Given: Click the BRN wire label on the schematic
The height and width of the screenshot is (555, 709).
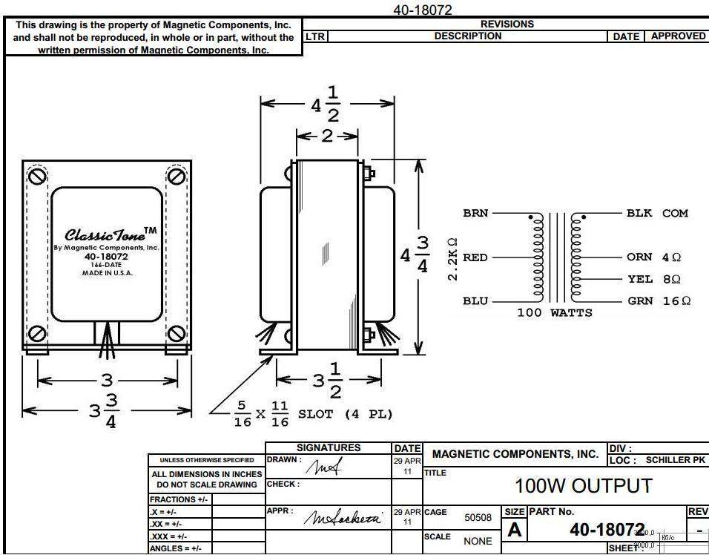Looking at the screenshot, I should pos(475,213).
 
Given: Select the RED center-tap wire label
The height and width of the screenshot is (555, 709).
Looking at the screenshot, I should pos(475,257).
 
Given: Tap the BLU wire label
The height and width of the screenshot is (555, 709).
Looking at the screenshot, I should pos(475,301).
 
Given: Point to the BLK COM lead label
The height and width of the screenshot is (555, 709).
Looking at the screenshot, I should pos(657,213).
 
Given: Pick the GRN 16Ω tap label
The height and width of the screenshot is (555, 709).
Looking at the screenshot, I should pos(659,301).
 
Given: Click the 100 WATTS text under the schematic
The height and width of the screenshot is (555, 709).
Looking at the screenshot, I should pos(554,312).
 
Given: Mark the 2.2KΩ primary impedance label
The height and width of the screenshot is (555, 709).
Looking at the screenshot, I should pos(453,259).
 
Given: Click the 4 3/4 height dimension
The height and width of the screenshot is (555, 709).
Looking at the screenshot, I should pos(415,255).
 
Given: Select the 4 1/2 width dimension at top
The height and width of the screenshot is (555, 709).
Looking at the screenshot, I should pos(325,104).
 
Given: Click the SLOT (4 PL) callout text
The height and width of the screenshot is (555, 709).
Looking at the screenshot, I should pos(345,414).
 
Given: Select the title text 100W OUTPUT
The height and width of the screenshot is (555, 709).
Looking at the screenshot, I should pos(584,486).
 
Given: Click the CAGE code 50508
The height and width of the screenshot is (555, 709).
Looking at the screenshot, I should pos(478,518).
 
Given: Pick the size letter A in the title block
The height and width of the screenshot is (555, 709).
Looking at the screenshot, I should pos(514,531).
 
